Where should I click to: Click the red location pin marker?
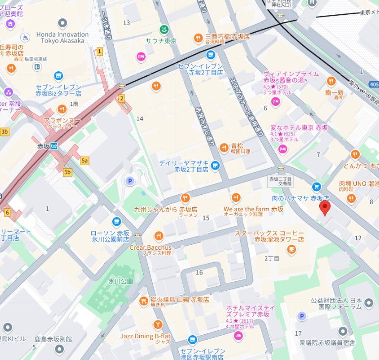click(325, 207)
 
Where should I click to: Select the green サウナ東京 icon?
click(165, 29)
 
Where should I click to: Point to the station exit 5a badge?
click(84, 160)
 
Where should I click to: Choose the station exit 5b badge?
click(68, 172)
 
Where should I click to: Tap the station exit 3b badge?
click(4, 132)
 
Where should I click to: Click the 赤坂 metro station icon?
click(56, 146)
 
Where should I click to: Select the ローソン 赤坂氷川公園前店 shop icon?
click(117, 222)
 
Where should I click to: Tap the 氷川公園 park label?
click(121, 281)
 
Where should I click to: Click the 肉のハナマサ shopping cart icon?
click(317, 186)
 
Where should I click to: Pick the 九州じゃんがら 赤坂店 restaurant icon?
click(185, 197)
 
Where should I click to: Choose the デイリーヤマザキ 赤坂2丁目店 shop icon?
click(215, 165)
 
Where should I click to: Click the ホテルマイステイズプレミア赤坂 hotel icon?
click(238, 336)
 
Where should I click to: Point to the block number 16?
click(200, 272)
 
